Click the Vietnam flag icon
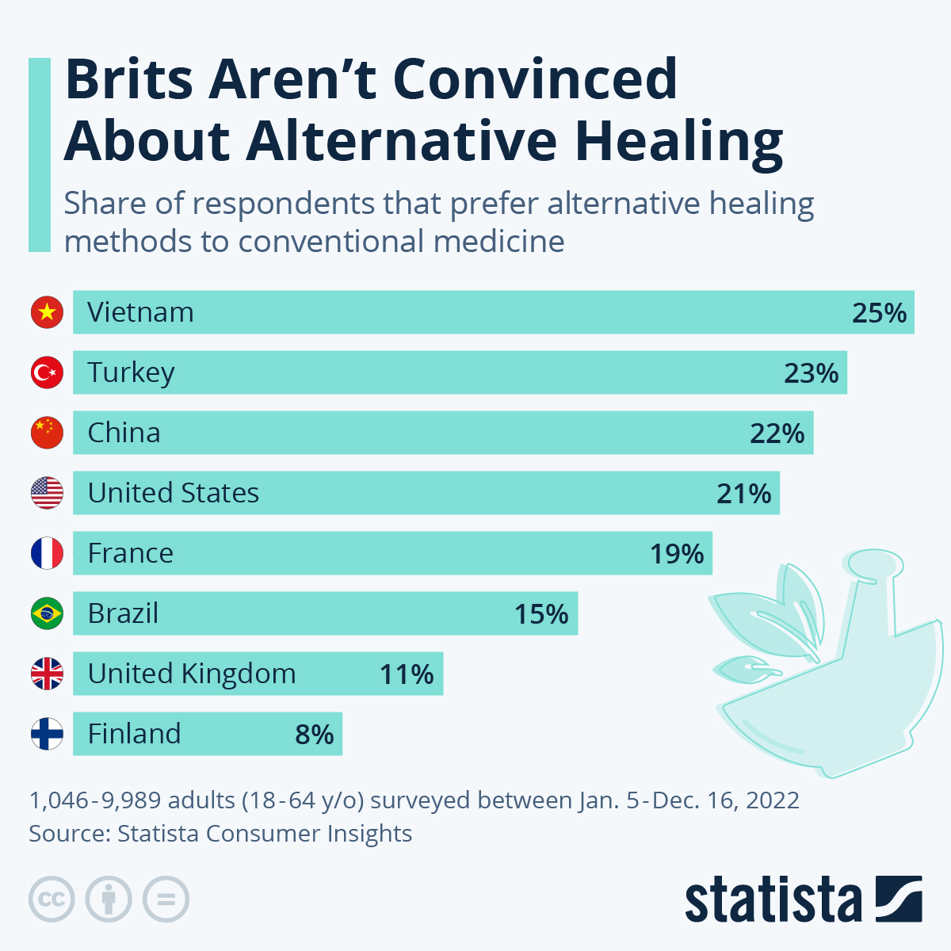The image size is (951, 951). point(47,312)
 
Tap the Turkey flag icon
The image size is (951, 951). point(47,372)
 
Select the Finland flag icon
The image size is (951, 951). point(47,734)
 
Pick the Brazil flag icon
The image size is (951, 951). point(47,613)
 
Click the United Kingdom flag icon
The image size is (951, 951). point(47,674)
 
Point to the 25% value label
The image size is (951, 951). point(879,313)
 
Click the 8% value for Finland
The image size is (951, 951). point(314,735)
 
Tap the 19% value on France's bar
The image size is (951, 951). point(677,554)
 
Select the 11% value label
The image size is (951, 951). point(407,674)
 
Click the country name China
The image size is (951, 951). point(124,433)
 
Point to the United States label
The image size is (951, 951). point(173,493)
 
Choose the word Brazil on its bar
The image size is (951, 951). point(123,613)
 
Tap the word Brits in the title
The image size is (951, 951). point(129,79)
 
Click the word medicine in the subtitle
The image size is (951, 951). point(498,241)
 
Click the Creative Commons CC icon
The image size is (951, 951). point(52,899)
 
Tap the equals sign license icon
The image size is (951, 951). point(166,899)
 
